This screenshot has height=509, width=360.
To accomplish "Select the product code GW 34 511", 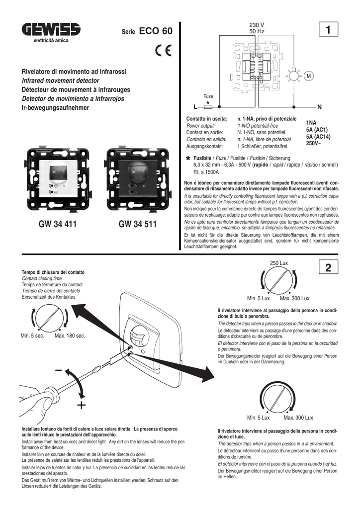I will click(x=138, y=225).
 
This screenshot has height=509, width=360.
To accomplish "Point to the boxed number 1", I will click(x=328, y=31).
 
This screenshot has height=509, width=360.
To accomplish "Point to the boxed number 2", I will click(x=328, y=268).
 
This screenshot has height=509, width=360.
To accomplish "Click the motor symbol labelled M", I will click(x=309, y=76).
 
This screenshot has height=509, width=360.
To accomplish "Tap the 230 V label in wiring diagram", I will click(x=257, y=25).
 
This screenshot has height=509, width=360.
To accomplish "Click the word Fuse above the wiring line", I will click(x=208, y=96).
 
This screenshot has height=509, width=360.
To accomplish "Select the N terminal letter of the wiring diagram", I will click(x=319, y=107).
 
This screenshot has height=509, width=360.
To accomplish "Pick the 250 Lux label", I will click(x=279, y=262).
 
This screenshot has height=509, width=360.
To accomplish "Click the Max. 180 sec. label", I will click(x=70, y=337).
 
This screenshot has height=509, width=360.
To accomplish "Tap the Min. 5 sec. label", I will click(x=33, y=337).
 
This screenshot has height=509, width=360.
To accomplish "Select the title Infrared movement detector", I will click(x=60, y=81).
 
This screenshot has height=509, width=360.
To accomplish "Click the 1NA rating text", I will click(x=312, y=122).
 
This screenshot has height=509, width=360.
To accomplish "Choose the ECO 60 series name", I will click(x=156, y=31).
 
